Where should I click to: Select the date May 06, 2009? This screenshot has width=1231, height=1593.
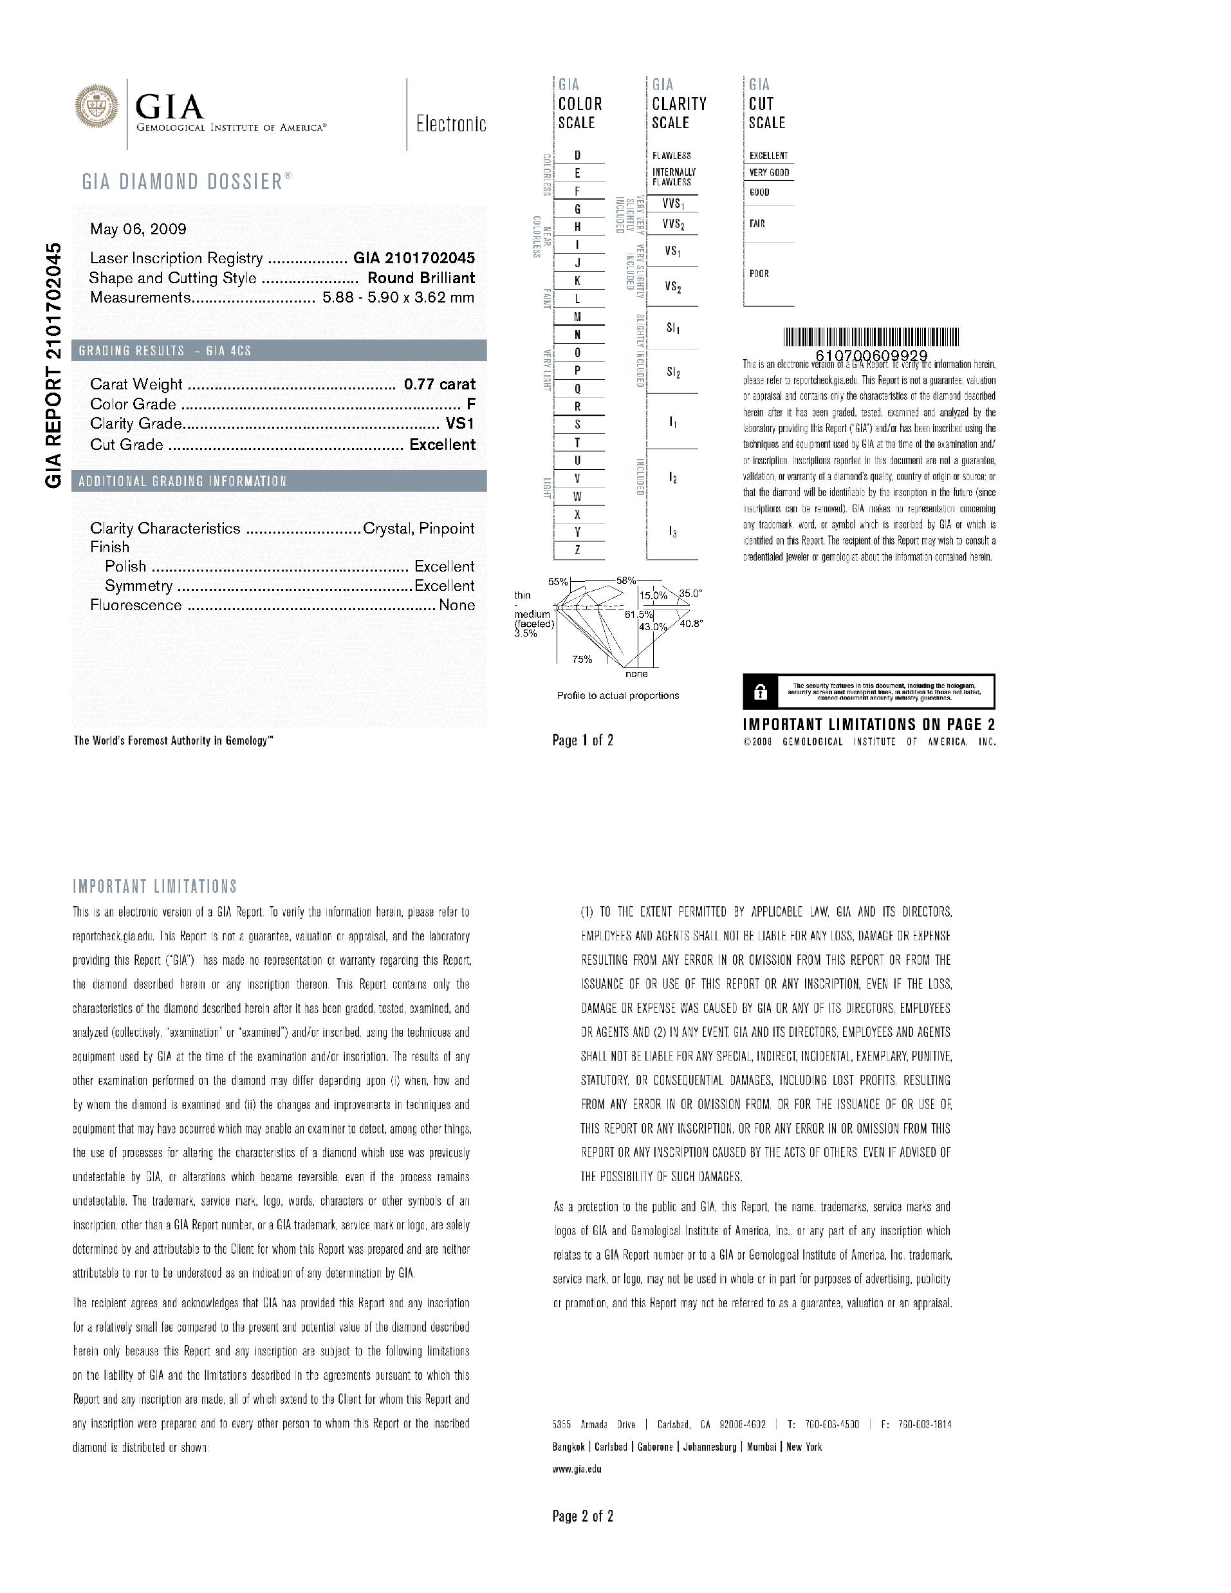(138, 229)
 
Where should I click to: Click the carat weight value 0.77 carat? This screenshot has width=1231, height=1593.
(440, 384)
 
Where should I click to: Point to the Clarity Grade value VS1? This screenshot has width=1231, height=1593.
(461, 424)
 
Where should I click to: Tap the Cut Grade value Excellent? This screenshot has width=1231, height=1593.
(443, 444)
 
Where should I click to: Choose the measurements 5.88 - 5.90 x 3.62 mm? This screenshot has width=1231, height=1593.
(399, 297)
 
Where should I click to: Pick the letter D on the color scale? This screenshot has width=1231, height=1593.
(578, 155)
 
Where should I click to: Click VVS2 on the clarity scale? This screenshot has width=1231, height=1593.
(673, 224)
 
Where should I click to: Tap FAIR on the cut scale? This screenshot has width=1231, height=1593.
(757, 224)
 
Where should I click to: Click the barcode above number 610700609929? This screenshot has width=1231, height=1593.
(871, 337)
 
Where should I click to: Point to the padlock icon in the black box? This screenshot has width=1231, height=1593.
(760, 691)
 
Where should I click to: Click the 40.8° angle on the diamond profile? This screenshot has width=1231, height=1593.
(691, 624)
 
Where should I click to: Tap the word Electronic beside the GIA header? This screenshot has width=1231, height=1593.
(450, 124)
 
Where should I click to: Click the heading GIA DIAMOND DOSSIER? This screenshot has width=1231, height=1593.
(187, 181)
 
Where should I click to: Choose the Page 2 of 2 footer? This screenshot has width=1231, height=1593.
(583, 1516)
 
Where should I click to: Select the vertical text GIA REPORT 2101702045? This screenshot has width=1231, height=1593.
(55, 365)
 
